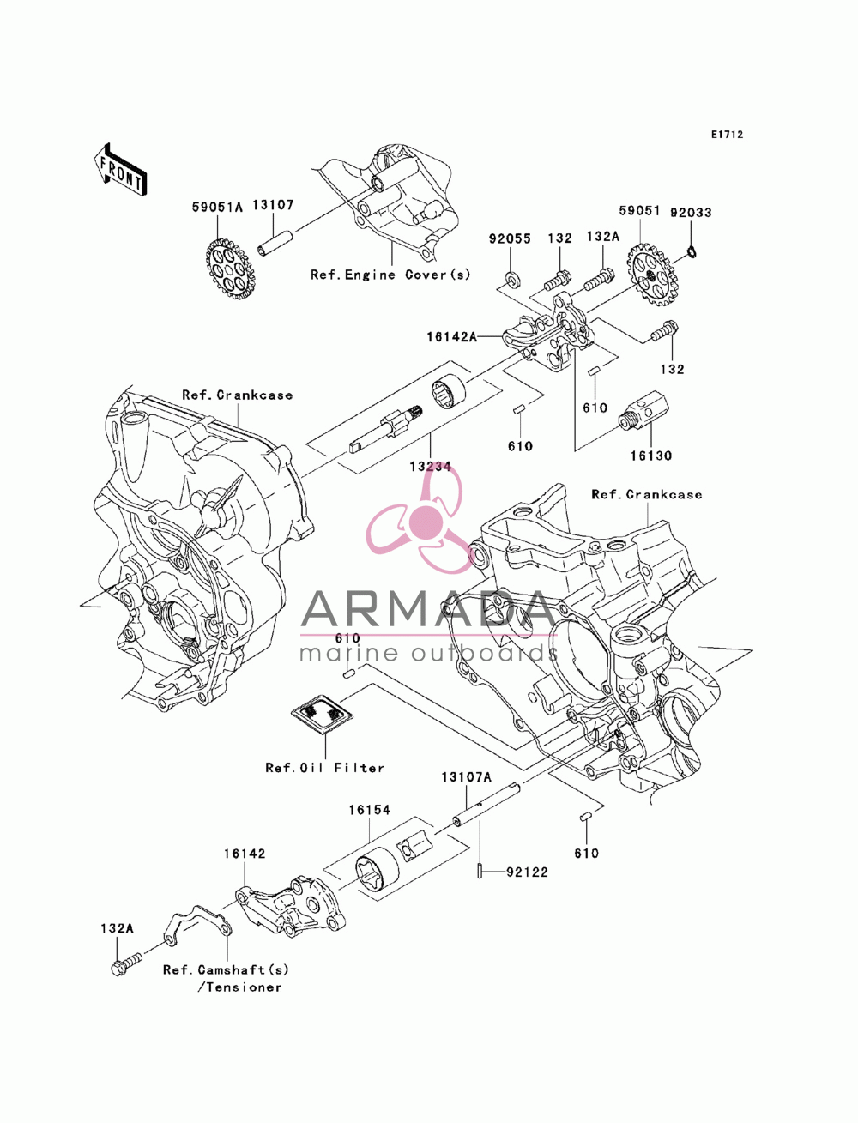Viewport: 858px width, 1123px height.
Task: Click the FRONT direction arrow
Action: (x=120, y=171)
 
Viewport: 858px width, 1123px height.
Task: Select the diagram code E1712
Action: (x=726, y=135)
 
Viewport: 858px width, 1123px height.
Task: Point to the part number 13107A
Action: (x=466, y=777)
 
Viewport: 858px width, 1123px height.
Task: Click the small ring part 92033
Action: (x=692, y=251)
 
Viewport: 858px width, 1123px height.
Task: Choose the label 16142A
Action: (x=451, y=336)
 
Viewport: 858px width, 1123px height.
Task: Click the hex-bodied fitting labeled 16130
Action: (x=643, y=410)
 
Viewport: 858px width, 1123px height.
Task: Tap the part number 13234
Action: (x=430, y=466)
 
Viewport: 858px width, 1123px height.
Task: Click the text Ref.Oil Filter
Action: (x=324, y=768)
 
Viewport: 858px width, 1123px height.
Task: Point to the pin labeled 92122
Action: (x=479, y=870)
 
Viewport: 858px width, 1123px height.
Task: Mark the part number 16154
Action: (x=369, y=811)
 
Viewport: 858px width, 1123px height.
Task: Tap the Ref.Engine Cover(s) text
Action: (x=390, y=275)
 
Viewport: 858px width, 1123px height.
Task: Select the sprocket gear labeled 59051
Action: (x=653, y=275)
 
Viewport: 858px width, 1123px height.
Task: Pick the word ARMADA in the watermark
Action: (x=428, y=609)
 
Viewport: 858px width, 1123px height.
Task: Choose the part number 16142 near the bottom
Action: (x=245, y=854)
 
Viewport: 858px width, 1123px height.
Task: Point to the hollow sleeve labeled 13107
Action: (x=275, y=244)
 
